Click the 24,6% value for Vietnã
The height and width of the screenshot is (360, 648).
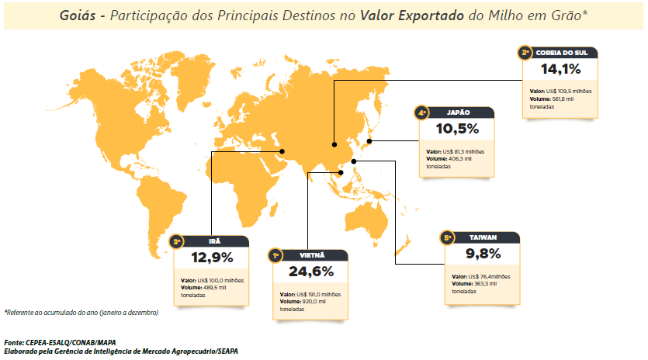(x=311, y=272)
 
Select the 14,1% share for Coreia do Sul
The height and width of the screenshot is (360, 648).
(x=560, y=70)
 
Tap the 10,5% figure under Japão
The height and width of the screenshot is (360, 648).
(x=458, y=129)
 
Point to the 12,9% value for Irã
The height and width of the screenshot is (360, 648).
(x=213, y=257)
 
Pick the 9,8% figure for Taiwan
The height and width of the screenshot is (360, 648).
(x=483, y=254)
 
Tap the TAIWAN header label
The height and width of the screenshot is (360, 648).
(x=483, y=237)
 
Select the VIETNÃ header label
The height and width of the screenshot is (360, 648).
(x=312, y=254)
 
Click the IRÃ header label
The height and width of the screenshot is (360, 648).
(x=214, y=241)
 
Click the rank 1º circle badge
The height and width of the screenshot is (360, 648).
(x=275, y=254)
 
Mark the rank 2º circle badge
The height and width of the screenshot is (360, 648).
(x=525, y=53)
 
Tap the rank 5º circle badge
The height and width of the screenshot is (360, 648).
(x=447, y=237)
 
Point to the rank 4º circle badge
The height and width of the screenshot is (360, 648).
(x=423, y=112)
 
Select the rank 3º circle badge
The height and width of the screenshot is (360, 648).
(x=178, y=241)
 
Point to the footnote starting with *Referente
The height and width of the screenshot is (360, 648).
(x=81, y=312)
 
